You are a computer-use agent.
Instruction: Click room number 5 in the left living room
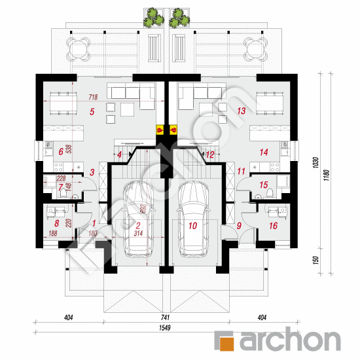[x=93, y=112]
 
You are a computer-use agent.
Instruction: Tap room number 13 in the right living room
[x=241, y=111]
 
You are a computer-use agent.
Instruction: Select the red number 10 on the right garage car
[x=192, y=226]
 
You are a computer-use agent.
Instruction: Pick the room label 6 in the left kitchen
[x=62, y=152]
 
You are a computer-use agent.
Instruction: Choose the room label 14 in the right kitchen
[x=264, y=152]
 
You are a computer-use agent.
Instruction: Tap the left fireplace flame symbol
[x=158, y=130]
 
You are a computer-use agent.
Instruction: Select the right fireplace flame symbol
[x=173, y=130]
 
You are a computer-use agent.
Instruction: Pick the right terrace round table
[x=254, y=47]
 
